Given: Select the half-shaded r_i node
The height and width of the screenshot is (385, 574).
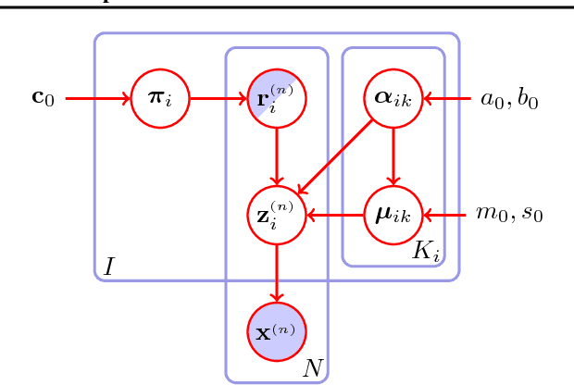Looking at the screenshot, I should [276, 96].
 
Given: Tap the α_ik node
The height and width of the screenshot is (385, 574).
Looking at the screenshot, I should [393, 96].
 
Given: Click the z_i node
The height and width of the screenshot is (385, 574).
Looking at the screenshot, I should [276, 215].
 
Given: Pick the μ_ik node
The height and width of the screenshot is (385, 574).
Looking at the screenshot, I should [393, 215].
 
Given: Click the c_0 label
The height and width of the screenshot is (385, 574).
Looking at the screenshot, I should [44, 96].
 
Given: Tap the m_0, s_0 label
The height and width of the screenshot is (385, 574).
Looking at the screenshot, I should [509, 215].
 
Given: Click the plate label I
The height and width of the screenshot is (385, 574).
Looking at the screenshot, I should [108, 267].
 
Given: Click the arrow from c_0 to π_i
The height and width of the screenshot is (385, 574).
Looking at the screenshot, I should [94, 96].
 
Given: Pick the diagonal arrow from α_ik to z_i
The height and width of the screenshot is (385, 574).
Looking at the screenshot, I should [335, 155].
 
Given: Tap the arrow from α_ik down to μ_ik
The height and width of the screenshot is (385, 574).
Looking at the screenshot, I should [393, 155].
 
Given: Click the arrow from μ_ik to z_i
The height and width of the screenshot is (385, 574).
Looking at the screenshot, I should [335, 215].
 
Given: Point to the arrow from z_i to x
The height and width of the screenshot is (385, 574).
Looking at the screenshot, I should [276, 273].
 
